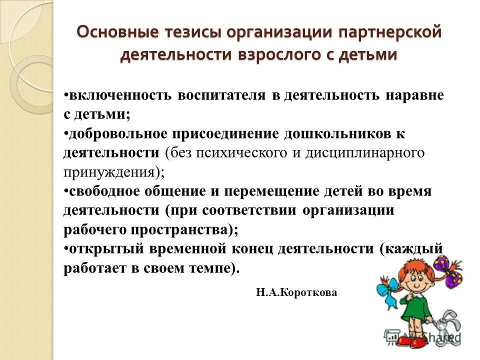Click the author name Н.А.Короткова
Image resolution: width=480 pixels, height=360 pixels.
point(296,293)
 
